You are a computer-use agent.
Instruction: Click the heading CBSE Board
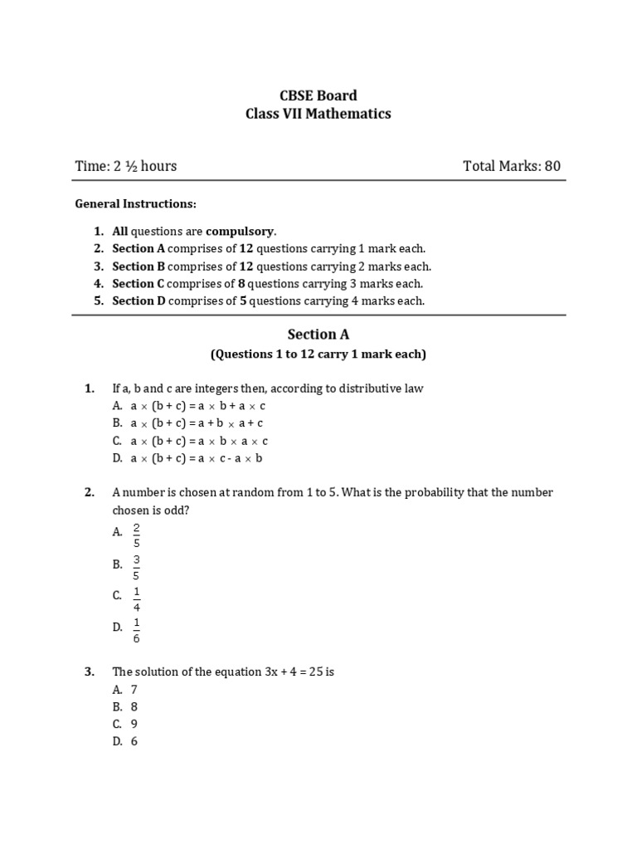(x=318, y=95)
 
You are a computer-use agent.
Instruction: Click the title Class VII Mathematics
(x=318, y=114)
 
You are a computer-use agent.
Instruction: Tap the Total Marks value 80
(x=552, y=166)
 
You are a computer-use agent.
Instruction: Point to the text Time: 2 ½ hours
(x=126, y=166)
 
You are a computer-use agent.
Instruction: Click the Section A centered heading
(x=318, y=335)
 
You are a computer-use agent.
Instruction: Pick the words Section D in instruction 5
(x=134, y=300)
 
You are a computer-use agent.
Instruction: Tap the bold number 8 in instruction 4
(x=242, y=283)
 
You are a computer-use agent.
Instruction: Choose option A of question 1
(x=198, y=406)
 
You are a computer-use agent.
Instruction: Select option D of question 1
(x=199, y=457)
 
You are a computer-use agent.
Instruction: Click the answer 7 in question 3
(x=134, y=690)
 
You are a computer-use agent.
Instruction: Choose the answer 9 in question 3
(x=134, y=724)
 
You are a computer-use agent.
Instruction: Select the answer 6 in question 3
(x=134, y=741)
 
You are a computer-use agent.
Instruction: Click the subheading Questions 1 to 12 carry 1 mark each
(x=318, y=354)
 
